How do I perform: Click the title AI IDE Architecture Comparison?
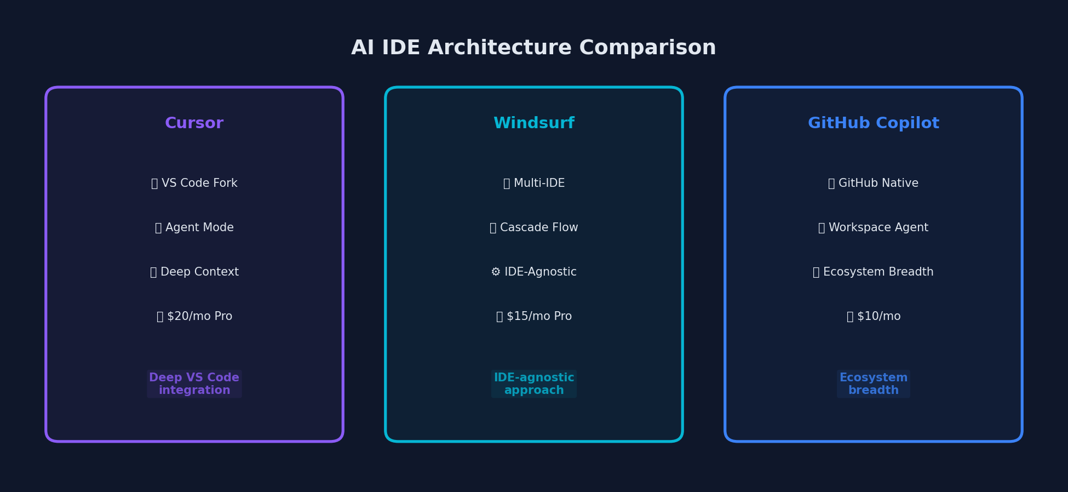click(533, 48)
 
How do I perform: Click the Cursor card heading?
click(194, 123)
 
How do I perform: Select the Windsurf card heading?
click(534, 123)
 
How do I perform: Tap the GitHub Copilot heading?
click(874, 123)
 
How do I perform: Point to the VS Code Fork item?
click(194, 184)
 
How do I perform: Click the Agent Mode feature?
click(194, 228)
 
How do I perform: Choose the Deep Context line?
click(194, 272)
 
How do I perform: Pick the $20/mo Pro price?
click(194, 317)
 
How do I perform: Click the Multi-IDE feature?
click(534, 184)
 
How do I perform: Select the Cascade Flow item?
click(534, 228)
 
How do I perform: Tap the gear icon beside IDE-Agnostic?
click(496, 272)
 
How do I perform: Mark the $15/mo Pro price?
click(534, 317)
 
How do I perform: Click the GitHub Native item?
click(874, 184)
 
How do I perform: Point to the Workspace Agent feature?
click(874, 228)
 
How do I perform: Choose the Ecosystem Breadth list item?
click(874, 272)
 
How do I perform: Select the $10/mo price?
click(874, 317)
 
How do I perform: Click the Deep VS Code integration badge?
click(194, 384)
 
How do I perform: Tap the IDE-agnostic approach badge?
click(534, 384)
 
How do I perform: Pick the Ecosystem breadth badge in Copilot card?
click(874, 384)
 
